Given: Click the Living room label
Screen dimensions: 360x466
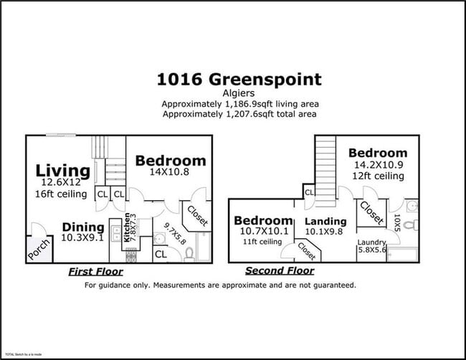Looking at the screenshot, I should [63, 171].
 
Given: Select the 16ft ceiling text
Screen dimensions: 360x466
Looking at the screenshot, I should [63, 194].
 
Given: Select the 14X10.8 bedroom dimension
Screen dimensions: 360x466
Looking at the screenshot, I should [170, 172].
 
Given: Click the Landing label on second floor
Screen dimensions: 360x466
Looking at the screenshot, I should [325, 221].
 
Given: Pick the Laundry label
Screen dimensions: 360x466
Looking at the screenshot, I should [373, 242].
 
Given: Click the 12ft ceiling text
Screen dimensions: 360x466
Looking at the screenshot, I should [377, 176].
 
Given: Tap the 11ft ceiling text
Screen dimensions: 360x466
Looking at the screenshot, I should [262, 241].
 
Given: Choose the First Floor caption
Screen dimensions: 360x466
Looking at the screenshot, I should [95, 272].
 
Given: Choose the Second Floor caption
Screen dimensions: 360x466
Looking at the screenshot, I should [279, 271].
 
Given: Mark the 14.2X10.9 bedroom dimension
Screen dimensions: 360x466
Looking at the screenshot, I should [377, 165].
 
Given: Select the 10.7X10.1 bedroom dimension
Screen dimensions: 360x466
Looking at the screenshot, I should [263, 231].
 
